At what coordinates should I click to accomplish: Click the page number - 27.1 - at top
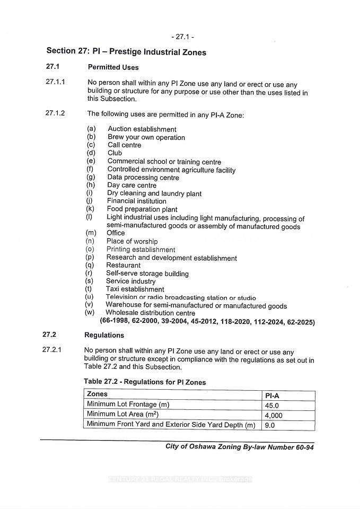[182, 37]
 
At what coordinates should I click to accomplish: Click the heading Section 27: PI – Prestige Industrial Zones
[126, 51]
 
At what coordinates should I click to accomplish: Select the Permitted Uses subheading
[113, 67]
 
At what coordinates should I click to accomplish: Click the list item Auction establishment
[142, 129]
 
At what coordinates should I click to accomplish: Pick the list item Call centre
[124, 145]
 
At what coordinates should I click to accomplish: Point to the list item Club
[115, 153]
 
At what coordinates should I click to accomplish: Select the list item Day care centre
[131, 186]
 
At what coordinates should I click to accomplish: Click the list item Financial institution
[136, 201]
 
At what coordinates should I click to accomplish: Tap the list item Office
[116, 233]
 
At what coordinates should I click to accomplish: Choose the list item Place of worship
[131, 241]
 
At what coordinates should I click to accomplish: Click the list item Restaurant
[123, 265]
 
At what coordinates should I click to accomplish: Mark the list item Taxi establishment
[135, 289]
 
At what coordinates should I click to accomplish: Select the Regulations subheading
[104, 335]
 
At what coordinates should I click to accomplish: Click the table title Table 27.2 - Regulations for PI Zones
[144, 382]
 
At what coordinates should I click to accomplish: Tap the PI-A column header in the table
[274, 395]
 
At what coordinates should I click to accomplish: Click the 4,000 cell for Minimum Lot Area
[274, 415]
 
